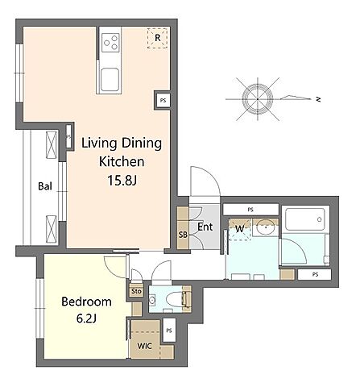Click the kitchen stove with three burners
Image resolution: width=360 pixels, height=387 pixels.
coord(111,43)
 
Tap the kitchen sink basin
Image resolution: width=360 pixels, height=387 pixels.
coord(110,80)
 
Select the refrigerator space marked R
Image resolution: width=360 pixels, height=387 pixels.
coord(157,38)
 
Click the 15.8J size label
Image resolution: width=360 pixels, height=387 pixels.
coord(122,181)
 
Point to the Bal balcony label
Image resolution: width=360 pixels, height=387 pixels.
coord(45,186)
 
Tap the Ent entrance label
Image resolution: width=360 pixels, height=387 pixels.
coord(205,227)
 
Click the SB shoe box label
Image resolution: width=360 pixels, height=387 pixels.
coord(183,235)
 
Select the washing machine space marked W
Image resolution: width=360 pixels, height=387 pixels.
coord(240,229)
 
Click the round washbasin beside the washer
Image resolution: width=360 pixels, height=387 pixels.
coord(265,228)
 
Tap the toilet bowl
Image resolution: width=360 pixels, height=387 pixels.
coord(175,299)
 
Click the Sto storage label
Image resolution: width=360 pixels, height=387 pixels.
coord(136,291)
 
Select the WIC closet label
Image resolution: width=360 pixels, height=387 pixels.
coord(145,346)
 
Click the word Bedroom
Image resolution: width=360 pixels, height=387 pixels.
coord(86,302)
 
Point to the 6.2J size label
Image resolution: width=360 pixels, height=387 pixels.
coord(86,318)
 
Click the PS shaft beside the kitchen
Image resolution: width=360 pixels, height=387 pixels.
coord(163,101)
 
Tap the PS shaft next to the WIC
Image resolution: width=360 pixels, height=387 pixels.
coord(169,331)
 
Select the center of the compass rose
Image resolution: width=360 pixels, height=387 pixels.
coord(258,99)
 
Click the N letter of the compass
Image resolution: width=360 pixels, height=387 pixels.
coord(318,99)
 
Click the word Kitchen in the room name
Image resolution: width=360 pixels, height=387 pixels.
coord(122,161)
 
